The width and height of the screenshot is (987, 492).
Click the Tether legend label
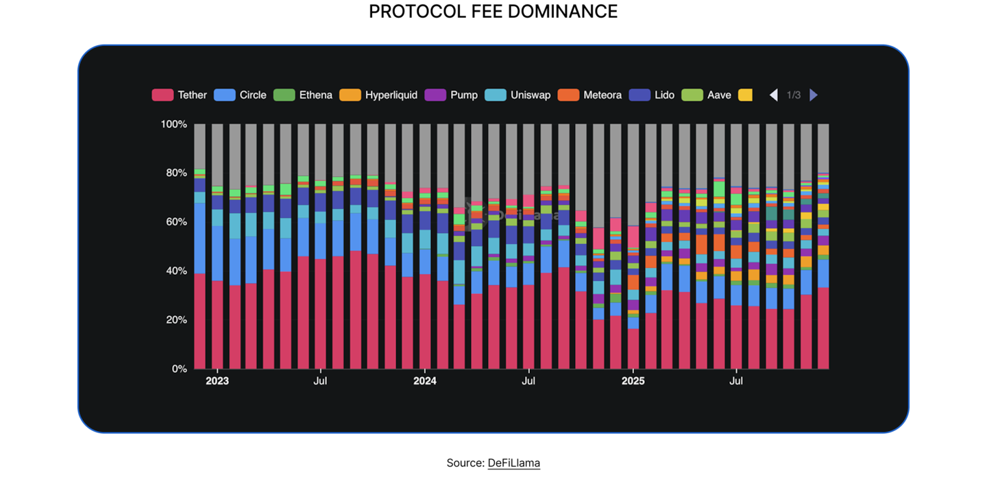(192, 95)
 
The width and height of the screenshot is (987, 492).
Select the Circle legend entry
(252, 95)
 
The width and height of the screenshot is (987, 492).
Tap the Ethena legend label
(315, 95)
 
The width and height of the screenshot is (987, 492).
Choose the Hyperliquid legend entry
(391, 95)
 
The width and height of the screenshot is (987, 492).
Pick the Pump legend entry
(464, 95)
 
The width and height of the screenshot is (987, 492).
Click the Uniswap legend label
(530, 95)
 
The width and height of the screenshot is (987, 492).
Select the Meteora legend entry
(602, 95)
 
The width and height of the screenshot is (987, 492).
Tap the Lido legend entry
(664, 95)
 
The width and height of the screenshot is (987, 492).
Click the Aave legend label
(719, 95)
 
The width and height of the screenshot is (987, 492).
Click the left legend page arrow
(774, 95)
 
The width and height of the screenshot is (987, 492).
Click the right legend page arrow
(814, 95)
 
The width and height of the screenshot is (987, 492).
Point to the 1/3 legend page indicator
(794, 95)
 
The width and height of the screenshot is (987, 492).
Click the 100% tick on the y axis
(173, 124)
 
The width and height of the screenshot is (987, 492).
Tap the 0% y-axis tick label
(178, 369)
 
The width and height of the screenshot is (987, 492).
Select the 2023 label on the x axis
(217, 381)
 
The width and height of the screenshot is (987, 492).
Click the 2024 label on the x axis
(425, 381)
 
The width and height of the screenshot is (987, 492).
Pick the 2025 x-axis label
(633, 381)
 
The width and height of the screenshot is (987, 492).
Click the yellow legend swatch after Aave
(745, 95)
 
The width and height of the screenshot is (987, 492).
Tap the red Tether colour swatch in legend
(162, 95)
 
